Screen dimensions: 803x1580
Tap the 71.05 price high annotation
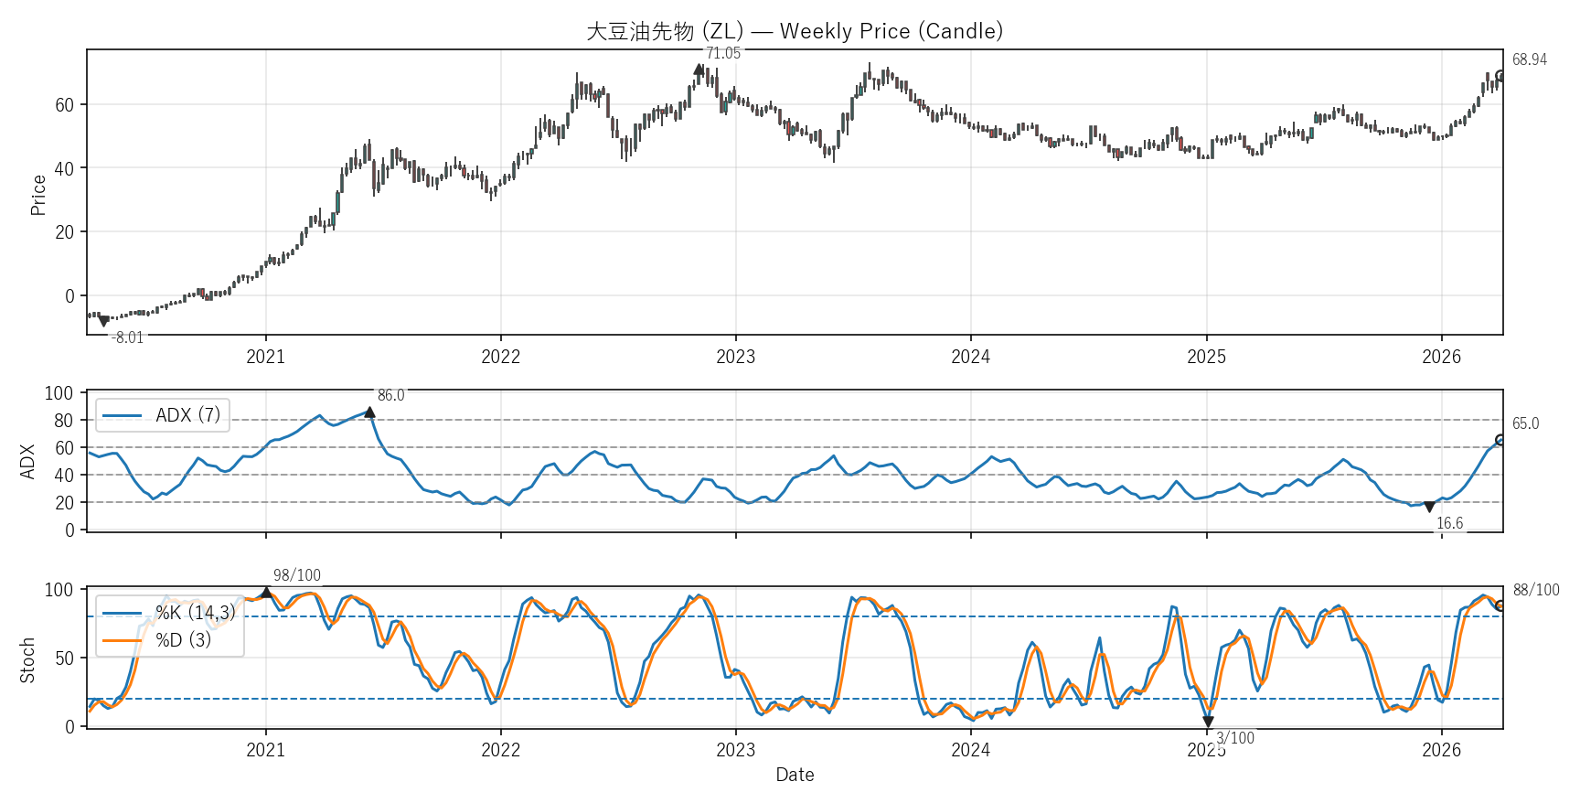tap(723, 54)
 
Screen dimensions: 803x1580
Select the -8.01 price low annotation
tap(128, 337)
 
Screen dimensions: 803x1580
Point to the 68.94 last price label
tap(1529, 59)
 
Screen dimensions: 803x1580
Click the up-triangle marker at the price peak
tap(699, 70)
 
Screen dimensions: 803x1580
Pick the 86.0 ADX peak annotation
tap(390, 395)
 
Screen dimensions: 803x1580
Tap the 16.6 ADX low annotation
tap(1449, 523)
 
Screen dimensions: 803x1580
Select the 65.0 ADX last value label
tap(1525, 423)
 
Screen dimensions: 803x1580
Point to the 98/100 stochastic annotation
tap(297, 575)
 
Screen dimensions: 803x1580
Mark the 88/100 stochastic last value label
tap(1536, 590)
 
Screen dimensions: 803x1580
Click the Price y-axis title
tap(37, 195)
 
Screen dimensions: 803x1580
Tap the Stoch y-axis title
tap(27, 660)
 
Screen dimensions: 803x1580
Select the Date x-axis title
tap(795, 775)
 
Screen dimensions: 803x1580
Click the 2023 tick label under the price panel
tap(735, 357)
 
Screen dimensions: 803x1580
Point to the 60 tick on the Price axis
tap(64, 105)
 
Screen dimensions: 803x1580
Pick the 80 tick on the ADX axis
tap(63, 421)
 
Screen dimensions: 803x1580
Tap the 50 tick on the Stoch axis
tap(64, 658)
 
